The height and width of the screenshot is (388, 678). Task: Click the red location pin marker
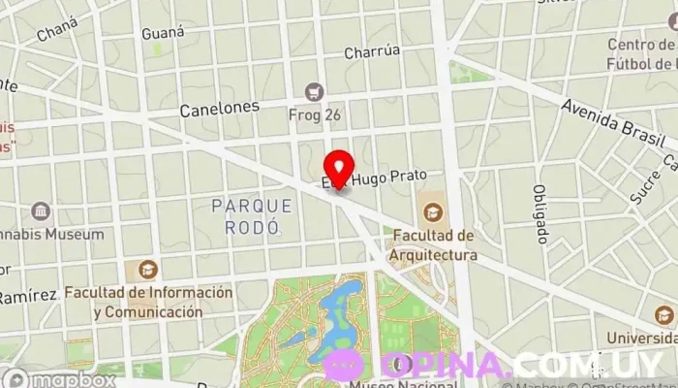339,170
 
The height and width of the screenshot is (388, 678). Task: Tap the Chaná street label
56,33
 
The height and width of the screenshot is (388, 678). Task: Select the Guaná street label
163,33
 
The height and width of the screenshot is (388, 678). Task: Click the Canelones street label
220,110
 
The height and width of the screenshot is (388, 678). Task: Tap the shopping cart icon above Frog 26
313,92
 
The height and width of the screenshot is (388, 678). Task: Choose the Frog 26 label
313,114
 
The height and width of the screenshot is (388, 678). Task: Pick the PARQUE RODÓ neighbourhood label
252,216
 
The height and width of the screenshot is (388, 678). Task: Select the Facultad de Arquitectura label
434,245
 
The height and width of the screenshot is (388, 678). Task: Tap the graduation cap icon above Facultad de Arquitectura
433,210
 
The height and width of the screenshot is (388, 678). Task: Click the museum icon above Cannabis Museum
42,211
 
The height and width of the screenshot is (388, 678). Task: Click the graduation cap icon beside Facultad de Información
147,270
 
